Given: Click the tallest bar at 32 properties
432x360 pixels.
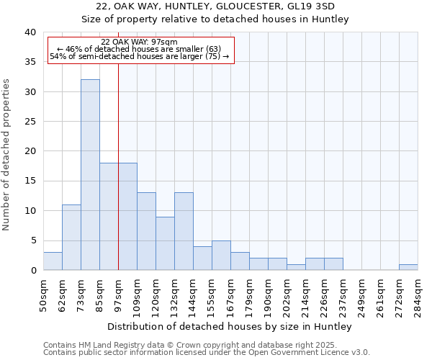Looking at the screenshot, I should coord(90,175).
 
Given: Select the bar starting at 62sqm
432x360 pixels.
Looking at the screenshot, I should coord(71,238).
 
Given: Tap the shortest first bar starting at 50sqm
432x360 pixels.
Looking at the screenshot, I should coord(53,261).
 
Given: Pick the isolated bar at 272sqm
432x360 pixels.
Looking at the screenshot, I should coord(408,267).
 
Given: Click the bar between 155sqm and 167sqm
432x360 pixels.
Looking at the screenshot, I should coord(221,256).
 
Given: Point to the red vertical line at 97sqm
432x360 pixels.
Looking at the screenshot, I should coord(118,180).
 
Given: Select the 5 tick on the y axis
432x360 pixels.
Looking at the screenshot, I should coord(32,240).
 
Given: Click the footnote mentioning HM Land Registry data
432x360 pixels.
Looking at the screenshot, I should coord(206,346).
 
